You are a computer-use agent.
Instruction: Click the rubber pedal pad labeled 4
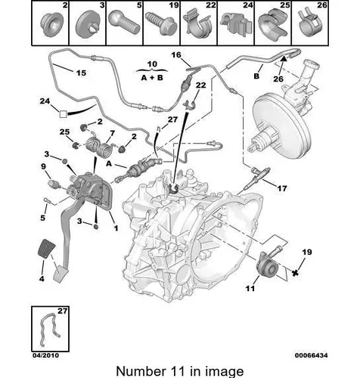47,248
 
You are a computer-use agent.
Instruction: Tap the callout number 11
250,288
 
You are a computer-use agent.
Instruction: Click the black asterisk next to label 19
294,272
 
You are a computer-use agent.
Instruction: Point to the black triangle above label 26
284,59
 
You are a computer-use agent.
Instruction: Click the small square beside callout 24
63,114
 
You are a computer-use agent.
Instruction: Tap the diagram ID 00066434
312,355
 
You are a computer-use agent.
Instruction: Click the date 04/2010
46,355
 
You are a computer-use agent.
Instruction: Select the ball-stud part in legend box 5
124,23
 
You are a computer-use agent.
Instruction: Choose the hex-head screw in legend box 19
160,23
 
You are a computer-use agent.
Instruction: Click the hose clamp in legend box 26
309,22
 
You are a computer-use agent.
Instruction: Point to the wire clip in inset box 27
50,329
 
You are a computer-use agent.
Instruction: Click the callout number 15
81,73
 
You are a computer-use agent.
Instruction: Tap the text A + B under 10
152,78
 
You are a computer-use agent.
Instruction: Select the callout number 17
282,188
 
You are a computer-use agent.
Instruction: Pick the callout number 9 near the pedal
43,166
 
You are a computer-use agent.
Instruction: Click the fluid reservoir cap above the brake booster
312,64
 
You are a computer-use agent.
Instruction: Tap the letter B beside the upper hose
256,76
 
